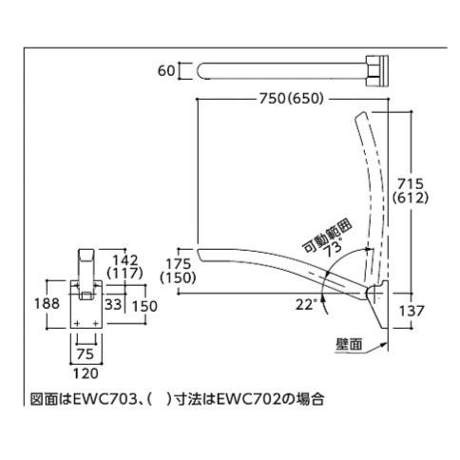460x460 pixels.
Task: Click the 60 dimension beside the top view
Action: tap(166, 70)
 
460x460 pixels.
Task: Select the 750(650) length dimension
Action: tap(292, 99)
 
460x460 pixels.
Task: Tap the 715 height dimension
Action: tap(411, 183)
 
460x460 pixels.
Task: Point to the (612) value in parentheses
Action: tap(411, 198)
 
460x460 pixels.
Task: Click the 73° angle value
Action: tap(334, 250)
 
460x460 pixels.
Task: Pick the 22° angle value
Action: tap(306, 304)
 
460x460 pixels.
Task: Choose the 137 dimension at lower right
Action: tap(412, 311)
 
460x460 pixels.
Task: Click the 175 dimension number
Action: tap(179, 264)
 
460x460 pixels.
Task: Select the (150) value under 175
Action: tap(178, 278)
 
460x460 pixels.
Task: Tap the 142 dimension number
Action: tap(125, 260)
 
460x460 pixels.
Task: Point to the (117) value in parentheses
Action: tap(125, 273)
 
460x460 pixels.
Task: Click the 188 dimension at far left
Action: tap(47, 303)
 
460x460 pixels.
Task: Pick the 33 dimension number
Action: tap(113, 304)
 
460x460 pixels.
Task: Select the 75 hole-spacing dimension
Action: tap(86, 354)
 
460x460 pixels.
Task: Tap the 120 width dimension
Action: tap(86, 374)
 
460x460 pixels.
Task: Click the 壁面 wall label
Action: tap(349, 344)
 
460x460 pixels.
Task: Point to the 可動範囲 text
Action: tap(327, 236)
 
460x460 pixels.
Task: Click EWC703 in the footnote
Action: tap(105, 399)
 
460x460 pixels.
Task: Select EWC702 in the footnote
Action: tap(249, 399)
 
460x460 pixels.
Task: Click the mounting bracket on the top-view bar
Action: tap(377, 71)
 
